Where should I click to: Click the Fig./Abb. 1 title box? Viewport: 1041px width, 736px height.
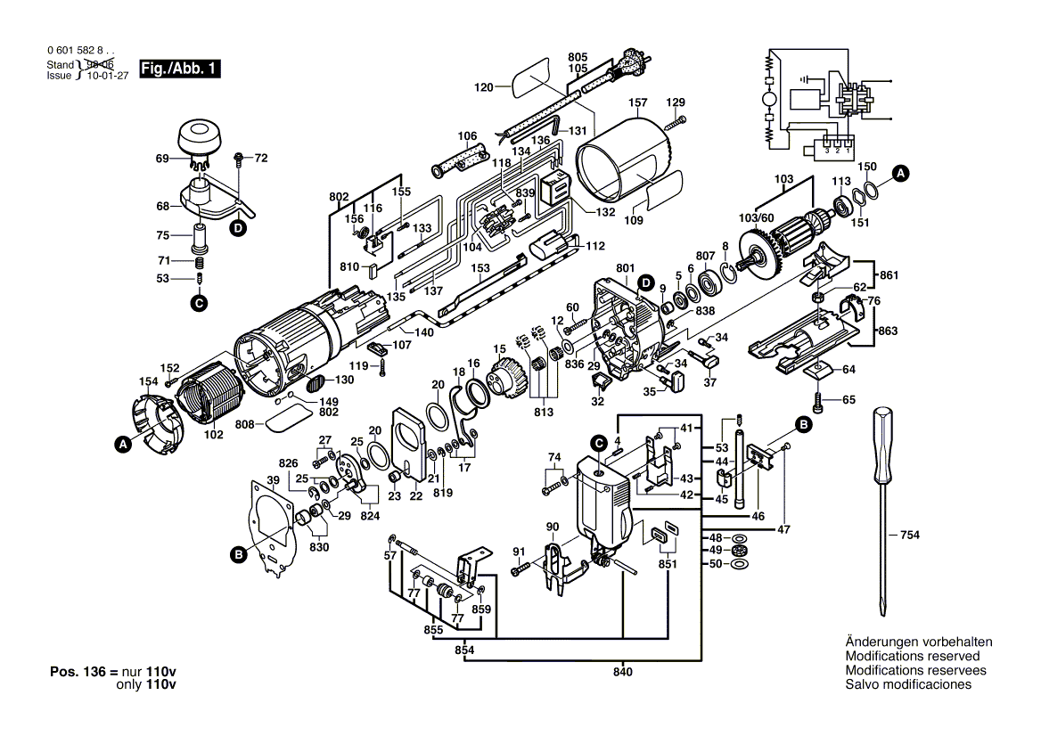tap(179, 69)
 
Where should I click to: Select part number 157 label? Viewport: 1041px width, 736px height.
tap(637, 102)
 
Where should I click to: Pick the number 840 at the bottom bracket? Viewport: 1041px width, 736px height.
tap(623, 672)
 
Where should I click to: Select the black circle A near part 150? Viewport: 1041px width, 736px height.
tap(900, 174)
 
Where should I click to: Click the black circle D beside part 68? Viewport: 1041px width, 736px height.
tap(238, 229)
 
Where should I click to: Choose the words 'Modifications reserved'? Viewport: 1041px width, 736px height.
tap(912, 656)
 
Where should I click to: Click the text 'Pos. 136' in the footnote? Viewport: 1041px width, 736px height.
tap(78, 672)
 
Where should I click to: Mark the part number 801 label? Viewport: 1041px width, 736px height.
tap(625, 268)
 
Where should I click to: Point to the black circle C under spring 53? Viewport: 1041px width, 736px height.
tap(199, 303)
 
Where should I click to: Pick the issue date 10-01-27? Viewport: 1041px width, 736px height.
tap(108, 76)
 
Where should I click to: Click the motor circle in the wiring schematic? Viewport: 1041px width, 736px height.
tap(769, 100)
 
